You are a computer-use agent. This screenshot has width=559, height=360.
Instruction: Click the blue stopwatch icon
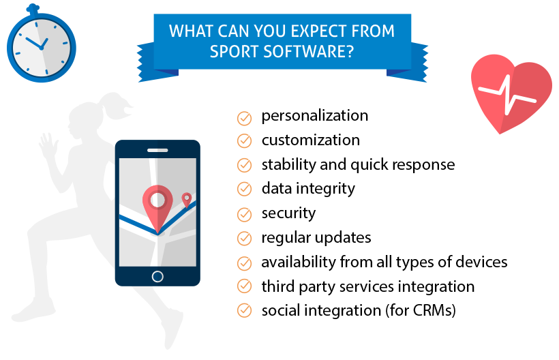[42, 44]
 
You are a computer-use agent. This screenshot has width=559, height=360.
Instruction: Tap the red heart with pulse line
[511, 93]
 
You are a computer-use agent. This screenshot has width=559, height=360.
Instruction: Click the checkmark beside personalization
[244, 119]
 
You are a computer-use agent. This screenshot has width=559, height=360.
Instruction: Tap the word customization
[310, 140]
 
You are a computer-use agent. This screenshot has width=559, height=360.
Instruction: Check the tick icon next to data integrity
[244, 189]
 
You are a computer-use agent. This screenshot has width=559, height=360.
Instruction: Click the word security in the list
[288, 213]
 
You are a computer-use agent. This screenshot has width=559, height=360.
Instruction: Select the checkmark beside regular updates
[244, 238]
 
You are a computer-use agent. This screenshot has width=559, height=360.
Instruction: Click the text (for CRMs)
[421, 310]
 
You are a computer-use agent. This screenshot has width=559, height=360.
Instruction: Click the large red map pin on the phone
[157, 204]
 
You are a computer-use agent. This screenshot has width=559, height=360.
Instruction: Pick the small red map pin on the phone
[187, 200]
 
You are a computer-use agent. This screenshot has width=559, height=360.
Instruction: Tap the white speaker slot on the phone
[157, 151]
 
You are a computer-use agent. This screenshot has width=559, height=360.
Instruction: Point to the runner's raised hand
[48, 145]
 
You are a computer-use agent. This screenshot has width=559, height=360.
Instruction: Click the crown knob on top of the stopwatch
[33, 9]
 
